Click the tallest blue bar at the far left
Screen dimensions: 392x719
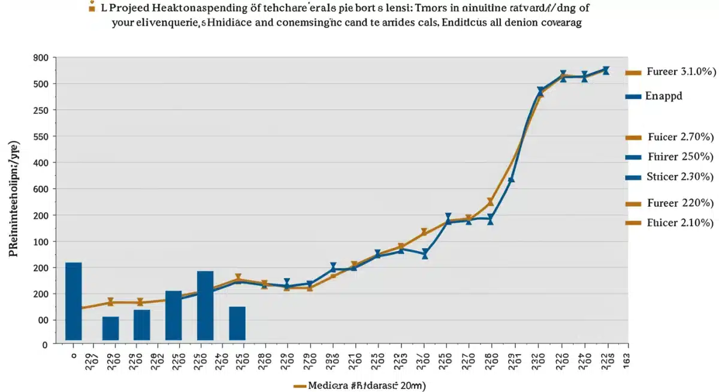coord(73,301)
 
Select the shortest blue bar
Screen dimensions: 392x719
coord(111,328)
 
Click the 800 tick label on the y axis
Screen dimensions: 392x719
coord(40,58)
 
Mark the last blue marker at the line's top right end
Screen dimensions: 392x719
coord(606,70)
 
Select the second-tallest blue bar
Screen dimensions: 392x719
coord(205,306)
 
